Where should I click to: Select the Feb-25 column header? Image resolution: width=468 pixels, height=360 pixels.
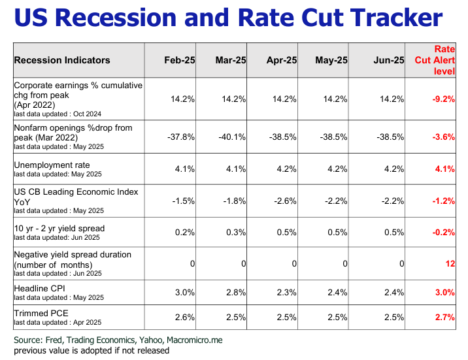coord(179,60)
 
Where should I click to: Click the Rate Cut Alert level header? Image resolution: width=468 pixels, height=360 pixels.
coord(435,60)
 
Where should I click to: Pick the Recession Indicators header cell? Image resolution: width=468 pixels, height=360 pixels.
coord(62,60)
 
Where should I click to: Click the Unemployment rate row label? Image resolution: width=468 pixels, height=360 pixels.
coord(52,165)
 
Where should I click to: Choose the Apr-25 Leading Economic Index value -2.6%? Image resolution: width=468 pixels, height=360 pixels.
coord(282,201)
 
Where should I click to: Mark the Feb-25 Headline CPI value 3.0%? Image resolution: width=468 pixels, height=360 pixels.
coord(183,292)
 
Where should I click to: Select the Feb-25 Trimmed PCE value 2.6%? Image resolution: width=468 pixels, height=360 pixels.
coord(183,318)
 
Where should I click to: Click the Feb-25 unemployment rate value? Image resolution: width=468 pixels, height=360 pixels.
coord(183,169)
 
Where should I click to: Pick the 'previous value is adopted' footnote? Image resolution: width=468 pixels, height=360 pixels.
coord(92,350)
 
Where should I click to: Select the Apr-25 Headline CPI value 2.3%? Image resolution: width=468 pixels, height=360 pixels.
coord(285,292)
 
